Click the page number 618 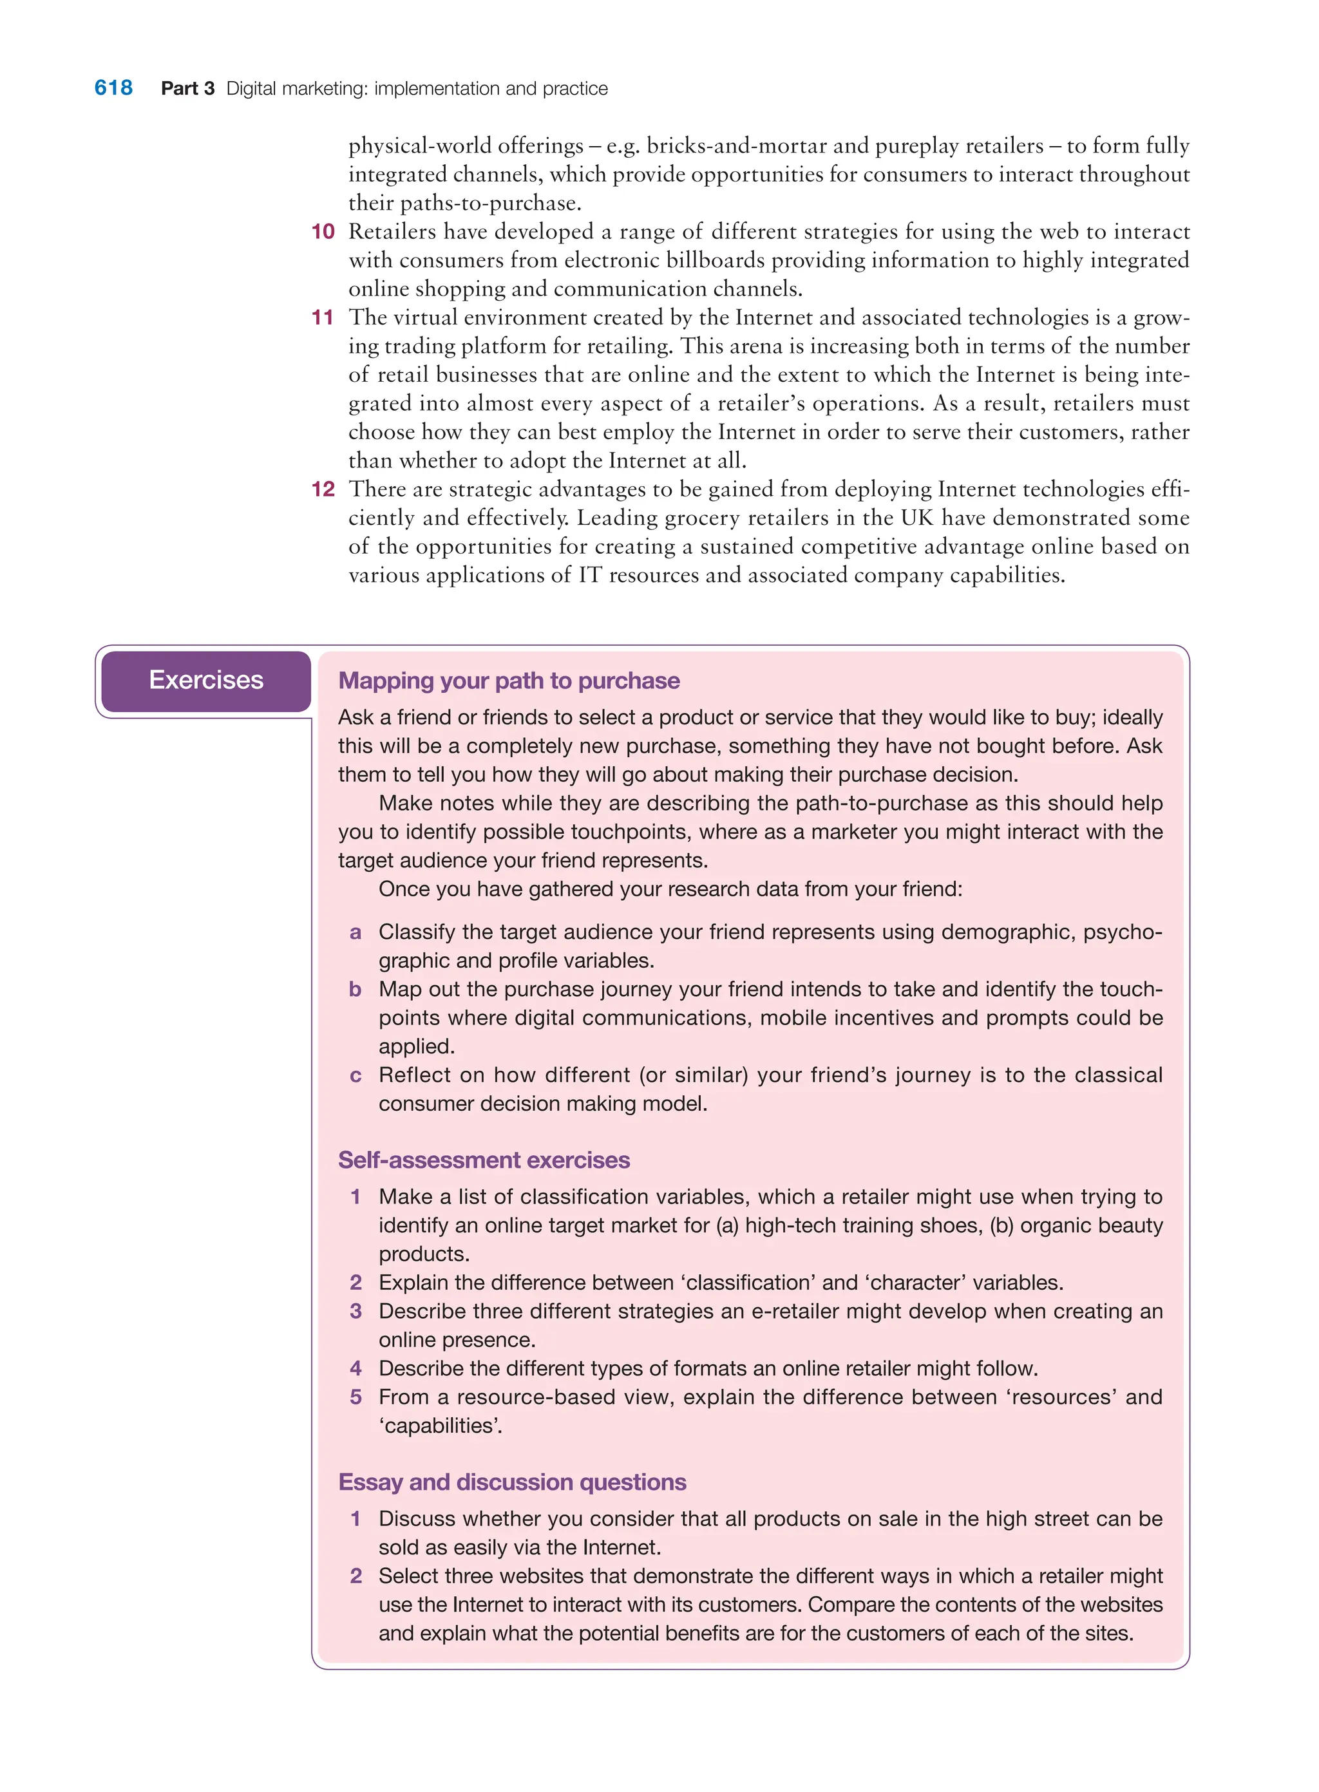(x=113, y=88)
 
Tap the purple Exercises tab (x=206, y=680)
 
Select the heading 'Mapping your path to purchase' (x=509, y=681)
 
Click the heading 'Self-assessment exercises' (x=484, y=1160)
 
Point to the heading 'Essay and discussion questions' (x=512, y=1482)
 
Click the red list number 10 (x=323, y=231)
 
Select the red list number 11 (x=323, y=317)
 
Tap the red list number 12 (x=323, y=489)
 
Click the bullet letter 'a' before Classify (x=356, y=932)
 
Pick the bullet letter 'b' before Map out (x=356, y=990)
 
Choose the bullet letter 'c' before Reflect (x=356, y=1076)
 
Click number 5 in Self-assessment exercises (x=356, y=1398)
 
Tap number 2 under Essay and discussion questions (x=356, y=1576)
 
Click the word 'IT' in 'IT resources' (x=589, y=576)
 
